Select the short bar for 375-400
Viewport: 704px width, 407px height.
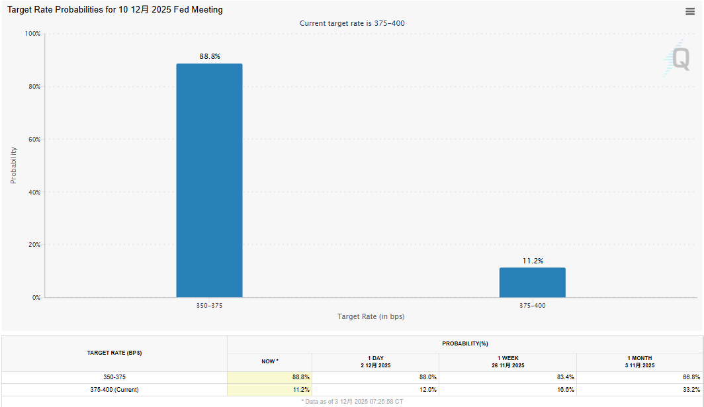tap(532, 283)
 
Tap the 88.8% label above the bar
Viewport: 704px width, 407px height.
tap(210, 57)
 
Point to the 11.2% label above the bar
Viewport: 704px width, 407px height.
tap(533, 261)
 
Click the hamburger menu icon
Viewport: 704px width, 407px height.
tap(690, 11)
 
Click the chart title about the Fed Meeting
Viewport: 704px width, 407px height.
tap(115, 10)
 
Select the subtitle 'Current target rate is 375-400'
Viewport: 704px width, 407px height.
tap(352, 23)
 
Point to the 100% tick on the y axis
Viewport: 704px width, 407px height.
tap(32, 34)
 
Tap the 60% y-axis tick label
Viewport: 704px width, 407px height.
tap(34, 140)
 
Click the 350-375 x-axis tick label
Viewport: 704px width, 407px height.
tap(210, 306)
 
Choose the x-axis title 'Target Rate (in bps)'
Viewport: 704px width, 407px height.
tap(371, 316)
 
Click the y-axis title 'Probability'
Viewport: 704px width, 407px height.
tap(13, 165)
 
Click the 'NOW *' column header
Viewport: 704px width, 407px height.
tap(269, 361)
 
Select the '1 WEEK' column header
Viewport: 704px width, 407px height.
tap(507, 358)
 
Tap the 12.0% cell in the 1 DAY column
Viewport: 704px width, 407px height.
tap(427, 390)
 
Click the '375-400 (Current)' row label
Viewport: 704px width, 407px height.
tap(114, 390)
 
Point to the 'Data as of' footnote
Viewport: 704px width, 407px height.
tap(352, 402)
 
